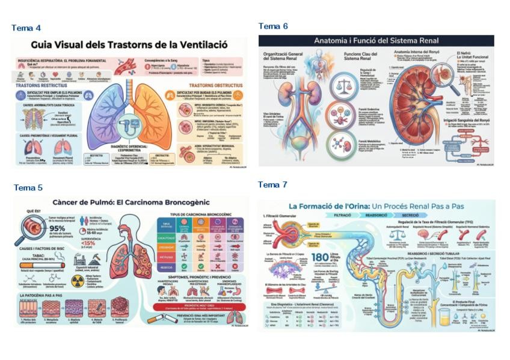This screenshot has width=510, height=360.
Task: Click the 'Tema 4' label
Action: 26,28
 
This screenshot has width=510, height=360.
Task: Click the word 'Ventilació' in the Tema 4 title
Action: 212,44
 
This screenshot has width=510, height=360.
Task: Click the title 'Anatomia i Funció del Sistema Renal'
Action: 376,41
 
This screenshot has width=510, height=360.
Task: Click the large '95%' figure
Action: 57,228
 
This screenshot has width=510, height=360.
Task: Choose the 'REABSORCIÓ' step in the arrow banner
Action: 376,215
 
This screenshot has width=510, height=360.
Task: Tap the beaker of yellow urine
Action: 444,317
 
